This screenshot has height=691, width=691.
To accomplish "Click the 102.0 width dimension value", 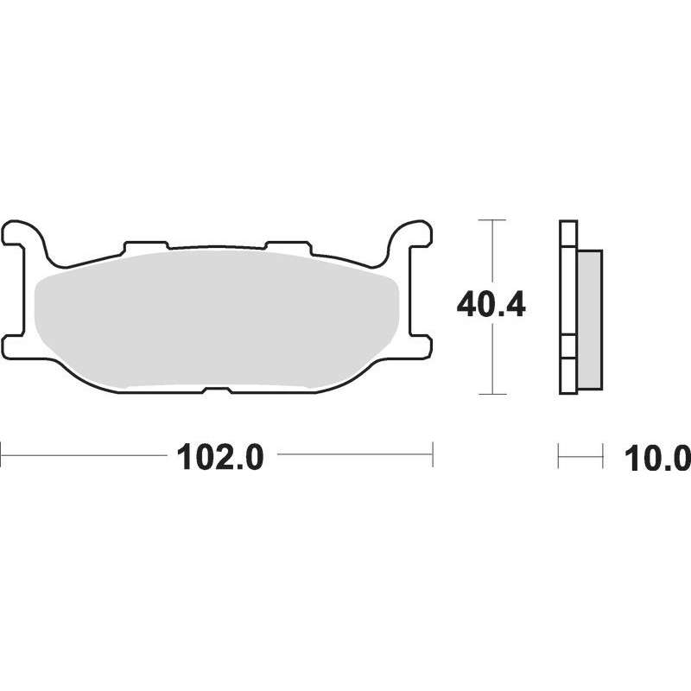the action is [219, 457].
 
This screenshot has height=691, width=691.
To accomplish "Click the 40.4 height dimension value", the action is [491, 306].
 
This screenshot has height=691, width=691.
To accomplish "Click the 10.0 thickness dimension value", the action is [657, 459].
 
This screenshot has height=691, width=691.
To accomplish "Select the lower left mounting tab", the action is [13, 347].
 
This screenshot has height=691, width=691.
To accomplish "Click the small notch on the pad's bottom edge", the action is [217, 390].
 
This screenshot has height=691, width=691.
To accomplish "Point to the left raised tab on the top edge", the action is [146, 247].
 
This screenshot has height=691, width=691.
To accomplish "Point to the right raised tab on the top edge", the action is [288, 247].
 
